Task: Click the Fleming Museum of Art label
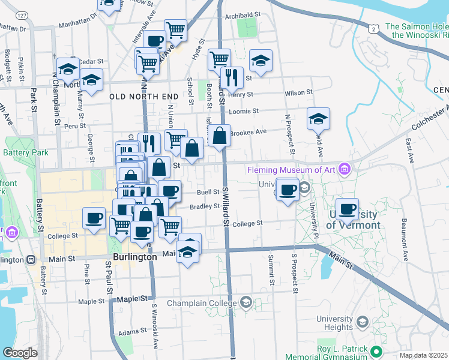(292, 170)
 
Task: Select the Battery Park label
(27, 153)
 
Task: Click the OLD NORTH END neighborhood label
(144, 96)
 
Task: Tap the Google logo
(20, 352)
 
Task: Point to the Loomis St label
(245, 111)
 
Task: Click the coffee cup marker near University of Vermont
(347, 208)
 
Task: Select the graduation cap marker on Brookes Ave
(318, 118)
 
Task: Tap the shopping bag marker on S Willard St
(220, 135)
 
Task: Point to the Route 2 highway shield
(374, 28)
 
